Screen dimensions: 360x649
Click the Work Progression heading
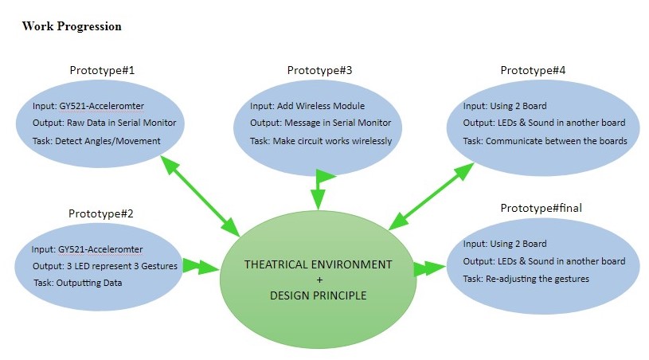point(72,26)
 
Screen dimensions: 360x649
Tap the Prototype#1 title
point(101,71)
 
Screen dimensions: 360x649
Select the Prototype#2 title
point(101,213)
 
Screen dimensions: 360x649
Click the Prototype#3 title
point(319,71)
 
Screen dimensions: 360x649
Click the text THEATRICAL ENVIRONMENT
point(318,264)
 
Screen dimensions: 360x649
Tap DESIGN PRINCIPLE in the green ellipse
point(318,295)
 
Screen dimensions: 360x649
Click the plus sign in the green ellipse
point(318,280)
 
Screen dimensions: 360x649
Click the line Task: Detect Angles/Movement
point(96,141)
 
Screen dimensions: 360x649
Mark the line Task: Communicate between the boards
point(545,141)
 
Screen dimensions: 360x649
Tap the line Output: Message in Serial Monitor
point(320,123)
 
